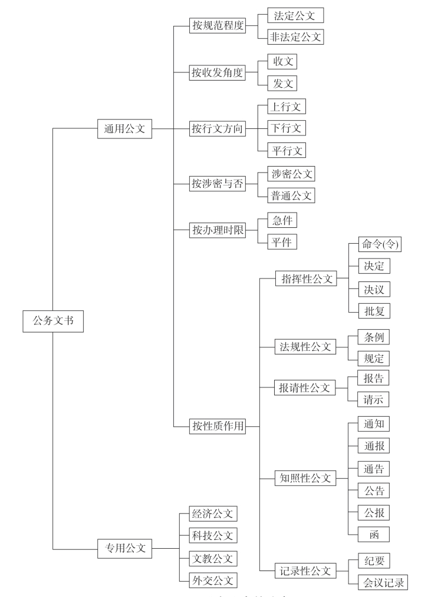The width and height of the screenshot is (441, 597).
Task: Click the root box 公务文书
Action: (x=53, y=321)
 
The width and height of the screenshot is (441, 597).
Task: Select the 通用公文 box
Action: (x=124, y=128)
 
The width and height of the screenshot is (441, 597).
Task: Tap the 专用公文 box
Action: (x=124, y=549)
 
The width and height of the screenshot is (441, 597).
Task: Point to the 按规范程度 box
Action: (x=216, y=26)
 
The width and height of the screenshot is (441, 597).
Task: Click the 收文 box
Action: (x=281, y=61)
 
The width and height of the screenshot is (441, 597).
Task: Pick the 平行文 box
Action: (x=286, y=150)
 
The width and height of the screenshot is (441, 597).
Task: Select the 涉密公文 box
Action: (x=290, y=173)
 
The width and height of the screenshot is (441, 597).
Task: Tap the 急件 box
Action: (x=281, y=220)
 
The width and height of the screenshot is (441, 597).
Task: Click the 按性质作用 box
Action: (x=216, y=426)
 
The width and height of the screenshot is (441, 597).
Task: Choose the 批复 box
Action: (x=374, y=310)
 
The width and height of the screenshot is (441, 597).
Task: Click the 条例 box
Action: (x=374, y=337)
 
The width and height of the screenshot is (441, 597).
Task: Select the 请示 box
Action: (x=374, y=399)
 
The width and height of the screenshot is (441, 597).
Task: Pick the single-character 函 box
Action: (x=374, y=533)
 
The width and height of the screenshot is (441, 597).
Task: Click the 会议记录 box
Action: (x=382, y=582)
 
